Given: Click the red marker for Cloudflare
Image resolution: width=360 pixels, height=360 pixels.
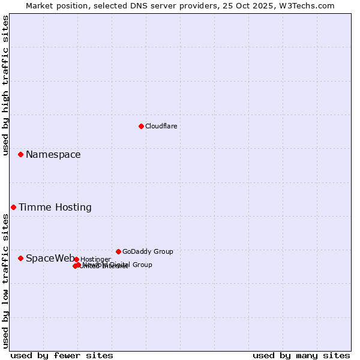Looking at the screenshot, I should (141, 126).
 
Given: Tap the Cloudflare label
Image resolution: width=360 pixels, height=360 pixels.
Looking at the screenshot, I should (161, 127).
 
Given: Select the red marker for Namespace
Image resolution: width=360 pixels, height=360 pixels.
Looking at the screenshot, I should (20, 154).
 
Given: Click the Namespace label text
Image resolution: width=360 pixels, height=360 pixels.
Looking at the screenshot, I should (53, 155).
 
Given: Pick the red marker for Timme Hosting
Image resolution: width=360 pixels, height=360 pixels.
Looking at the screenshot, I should (13, 207).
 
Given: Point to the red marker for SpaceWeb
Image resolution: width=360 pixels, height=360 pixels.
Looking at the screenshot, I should (20, 258).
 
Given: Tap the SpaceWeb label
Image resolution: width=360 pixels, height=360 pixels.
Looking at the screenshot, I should (50, 259).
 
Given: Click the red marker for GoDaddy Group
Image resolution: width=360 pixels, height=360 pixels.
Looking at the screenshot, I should (118, 251).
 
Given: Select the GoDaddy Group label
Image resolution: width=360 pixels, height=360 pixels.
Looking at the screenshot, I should (148, 252).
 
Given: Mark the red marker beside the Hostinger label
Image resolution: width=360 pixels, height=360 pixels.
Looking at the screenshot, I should (76, 259).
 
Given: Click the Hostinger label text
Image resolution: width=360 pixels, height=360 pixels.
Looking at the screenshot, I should (95, 260).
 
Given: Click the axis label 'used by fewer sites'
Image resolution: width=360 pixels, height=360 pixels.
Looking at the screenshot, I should (62, 355).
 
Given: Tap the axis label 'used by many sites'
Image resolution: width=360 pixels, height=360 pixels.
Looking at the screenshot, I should (301, 355).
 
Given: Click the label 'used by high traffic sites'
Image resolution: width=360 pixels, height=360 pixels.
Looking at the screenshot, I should (6, 85).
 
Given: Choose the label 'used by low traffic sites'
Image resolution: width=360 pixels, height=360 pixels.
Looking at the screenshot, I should (6, 281).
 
